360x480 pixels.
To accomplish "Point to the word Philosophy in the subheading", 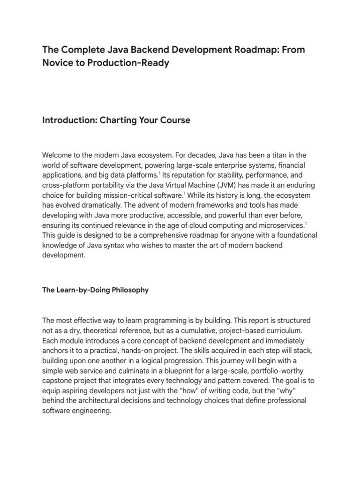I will tap(128, 290).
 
